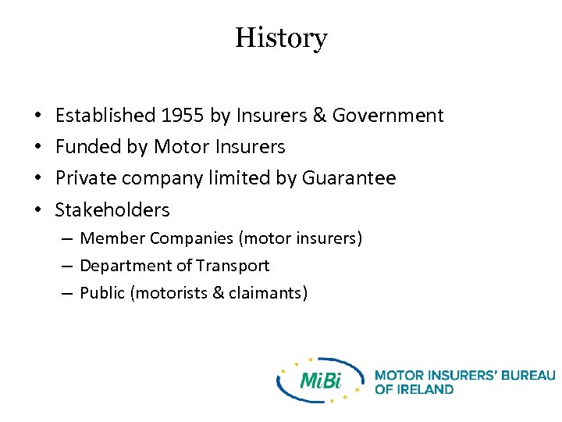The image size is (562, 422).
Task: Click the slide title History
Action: point(281,38)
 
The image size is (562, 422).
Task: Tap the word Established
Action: point(105,116)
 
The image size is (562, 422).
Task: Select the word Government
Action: point(388,116)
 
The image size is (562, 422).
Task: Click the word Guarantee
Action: point(357,178)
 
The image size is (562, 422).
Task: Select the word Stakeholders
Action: point(112,209)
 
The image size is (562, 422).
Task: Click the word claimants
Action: point(268,293)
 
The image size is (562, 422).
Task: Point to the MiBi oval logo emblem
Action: point(321,381)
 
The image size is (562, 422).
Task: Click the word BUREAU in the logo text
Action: point(528,375)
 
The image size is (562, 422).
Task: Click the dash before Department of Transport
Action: point(69,266)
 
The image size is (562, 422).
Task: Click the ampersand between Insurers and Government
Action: point(318,116)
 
